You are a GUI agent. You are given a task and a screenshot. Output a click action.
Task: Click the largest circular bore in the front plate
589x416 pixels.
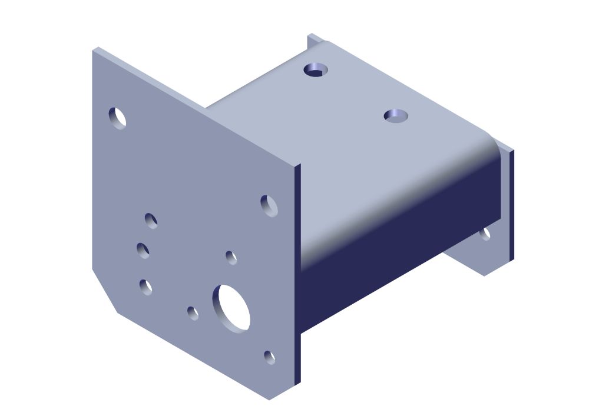(231, 307)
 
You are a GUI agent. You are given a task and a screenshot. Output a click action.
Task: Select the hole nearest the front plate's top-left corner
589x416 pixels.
(118, 118)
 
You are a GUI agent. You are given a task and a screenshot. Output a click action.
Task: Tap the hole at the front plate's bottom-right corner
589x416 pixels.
(269, 357)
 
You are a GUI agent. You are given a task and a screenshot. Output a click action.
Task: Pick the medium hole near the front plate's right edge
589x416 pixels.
(269, 206)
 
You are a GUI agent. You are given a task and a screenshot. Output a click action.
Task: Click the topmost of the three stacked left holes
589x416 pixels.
(151, 221)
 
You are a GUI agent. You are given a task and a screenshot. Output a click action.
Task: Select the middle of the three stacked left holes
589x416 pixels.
(143, 250)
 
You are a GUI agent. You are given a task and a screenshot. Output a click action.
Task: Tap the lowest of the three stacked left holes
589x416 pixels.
(145, 287)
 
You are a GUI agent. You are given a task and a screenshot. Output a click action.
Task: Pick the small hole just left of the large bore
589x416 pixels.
(193, 313)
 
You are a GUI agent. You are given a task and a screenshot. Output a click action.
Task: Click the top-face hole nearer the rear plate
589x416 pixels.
(316, 69)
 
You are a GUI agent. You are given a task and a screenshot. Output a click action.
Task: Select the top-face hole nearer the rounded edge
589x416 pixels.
(396, 115)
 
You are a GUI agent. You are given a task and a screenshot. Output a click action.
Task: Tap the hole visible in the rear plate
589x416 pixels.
(485, 234)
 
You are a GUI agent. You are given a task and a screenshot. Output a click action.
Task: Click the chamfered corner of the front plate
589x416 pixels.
(105, 292)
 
